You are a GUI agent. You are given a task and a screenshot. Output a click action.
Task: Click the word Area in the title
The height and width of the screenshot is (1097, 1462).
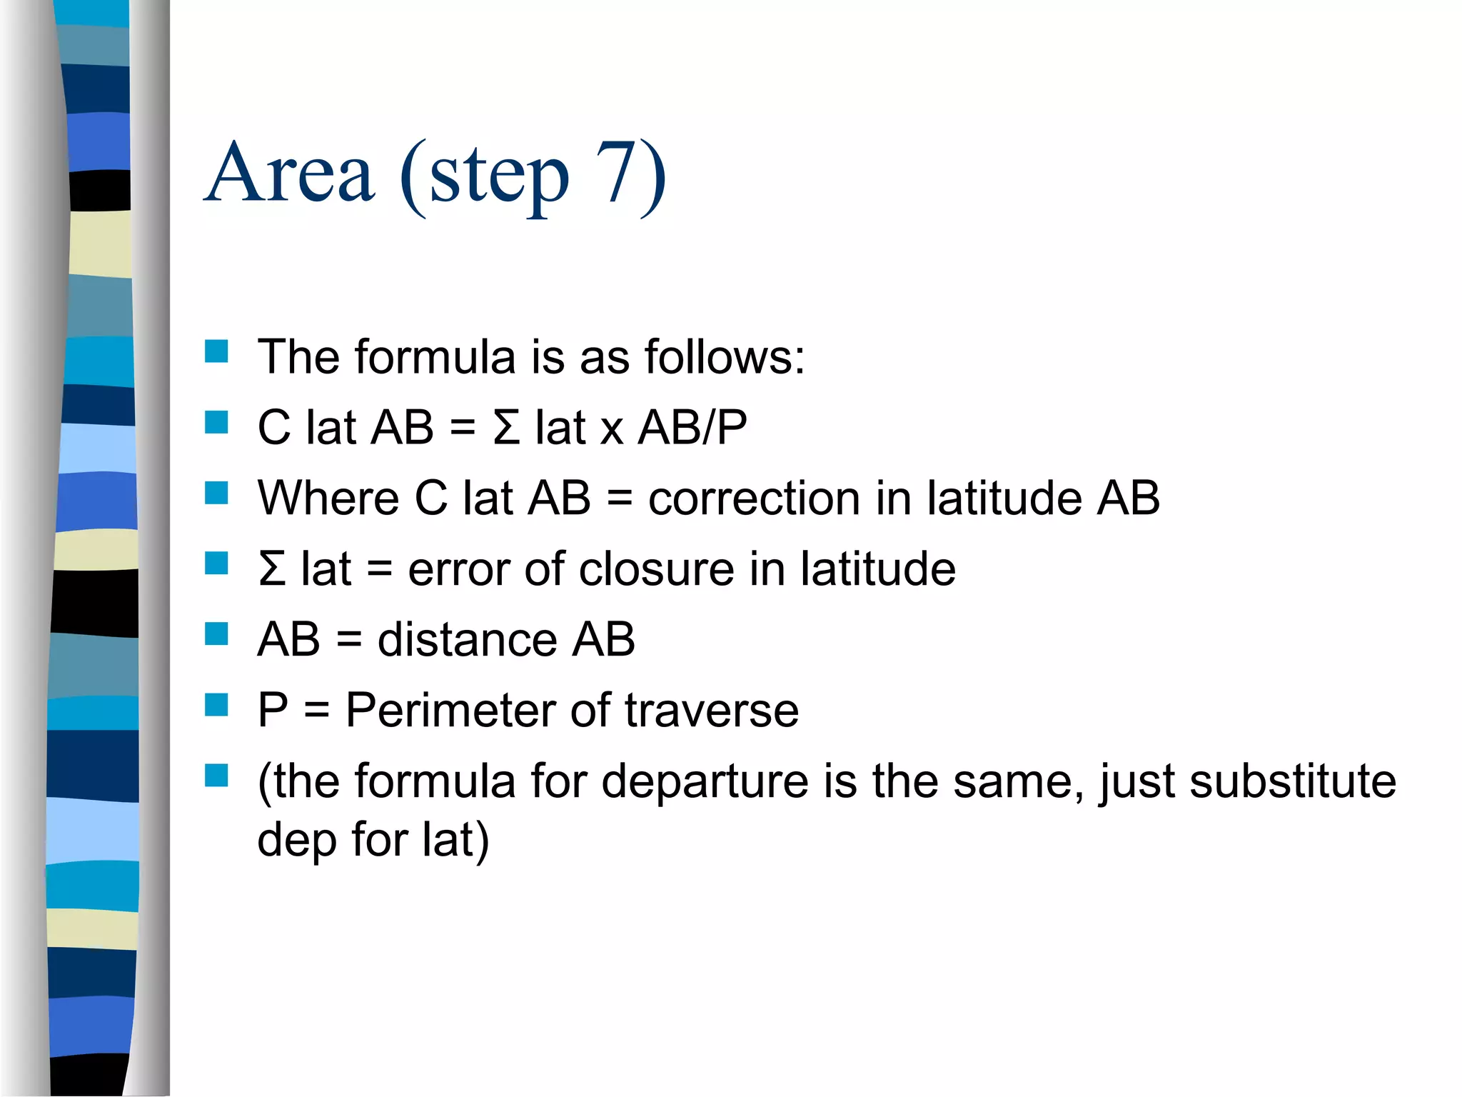click(x=289, y=174)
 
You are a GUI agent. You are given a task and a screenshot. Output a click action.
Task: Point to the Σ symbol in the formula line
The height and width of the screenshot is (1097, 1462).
click(x=506, y=428)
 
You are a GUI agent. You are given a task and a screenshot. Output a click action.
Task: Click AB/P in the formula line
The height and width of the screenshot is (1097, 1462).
click(x=692, y=428)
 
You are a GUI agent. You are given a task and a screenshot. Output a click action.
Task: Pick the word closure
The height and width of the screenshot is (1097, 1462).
click(x=656, y=569)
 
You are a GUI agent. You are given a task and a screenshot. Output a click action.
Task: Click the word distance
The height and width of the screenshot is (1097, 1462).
click(x=467, y=639)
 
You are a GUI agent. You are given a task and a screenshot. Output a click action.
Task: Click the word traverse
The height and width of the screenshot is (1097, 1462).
click(x=712, y=711)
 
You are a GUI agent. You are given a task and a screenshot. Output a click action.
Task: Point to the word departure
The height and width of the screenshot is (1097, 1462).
click(x=705, y=781)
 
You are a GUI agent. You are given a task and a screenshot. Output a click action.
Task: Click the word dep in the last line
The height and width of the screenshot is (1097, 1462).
click(x=297, y=840)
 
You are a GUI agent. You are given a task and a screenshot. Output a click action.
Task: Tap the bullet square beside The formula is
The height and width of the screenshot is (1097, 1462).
click(x=216, y=351)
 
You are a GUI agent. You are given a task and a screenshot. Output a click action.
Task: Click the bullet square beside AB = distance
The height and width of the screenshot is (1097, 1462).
click(x=216, y=634)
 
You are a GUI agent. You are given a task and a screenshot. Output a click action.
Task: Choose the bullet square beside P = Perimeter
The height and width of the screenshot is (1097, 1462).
click(x=216, y=705)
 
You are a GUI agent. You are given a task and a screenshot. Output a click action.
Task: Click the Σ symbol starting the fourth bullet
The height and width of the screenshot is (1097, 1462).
click(x=272, y=569)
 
